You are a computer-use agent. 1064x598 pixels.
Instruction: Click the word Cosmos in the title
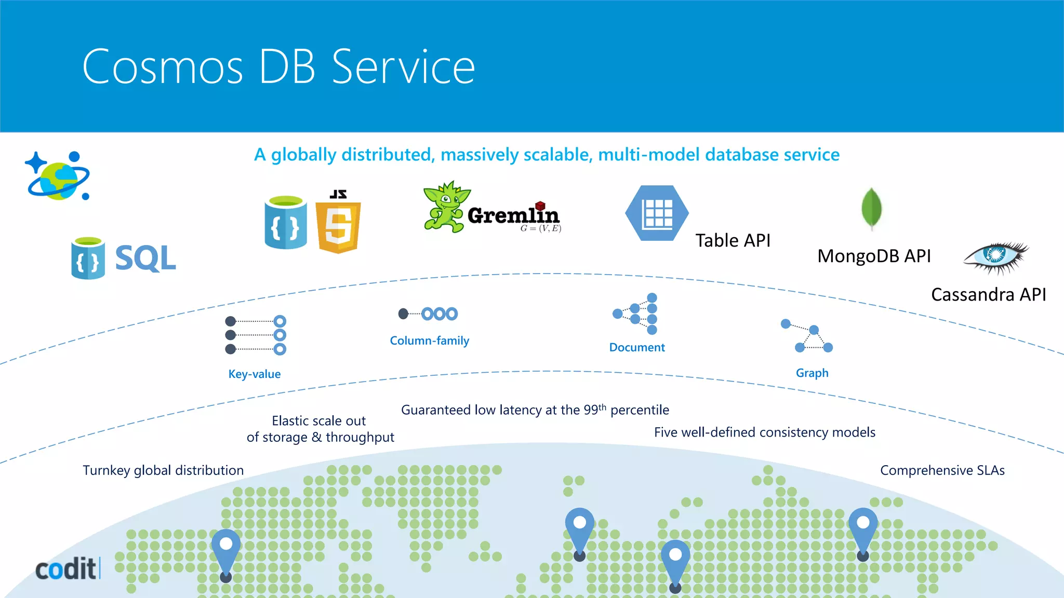click(x=163, y=67)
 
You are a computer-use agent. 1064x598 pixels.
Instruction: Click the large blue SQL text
click(x=145, y=258)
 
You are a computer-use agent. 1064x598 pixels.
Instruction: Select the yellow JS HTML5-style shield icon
click(x=338, y=223)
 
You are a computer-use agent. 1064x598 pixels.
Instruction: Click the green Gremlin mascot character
click(x=444, y=208)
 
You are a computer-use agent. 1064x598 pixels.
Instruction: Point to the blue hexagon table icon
click(x=657, y=213)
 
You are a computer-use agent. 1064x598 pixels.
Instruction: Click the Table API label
click(x=733, y=241)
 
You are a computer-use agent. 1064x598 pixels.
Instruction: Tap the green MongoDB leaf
click(x=871, y=208)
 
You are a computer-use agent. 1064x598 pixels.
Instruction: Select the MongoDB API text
click(x=874, y=256)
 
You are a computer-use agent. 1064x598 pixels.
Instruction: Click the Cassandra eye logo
click(x=995, y=256)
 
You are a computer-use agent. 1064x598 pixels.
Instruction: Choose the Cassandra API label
click(x=988, y=295)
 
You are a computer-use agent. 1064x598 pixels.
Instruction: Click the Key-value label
click(x=255, y=374)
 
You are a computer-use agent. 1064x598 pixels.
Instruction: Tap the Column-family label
click(x=430, y=341)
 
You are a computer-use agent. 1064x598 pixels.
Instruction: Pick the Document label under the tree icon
click(x=637, y=347)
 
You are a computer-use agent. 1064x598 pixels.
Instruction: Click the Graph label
click(x=812, y=373)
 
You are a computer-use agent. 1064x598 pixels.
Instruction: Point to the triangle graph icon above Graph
click(x=808, y=336)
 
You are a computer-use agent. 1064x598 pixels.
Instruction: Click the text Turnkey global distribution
click(x=163, y=470)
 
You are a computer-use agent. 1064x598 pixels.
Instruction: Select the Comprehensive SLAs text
click(x=942, y=470)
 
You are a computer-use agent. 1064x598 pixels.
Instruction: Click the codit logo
click(x=66, y=569)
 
